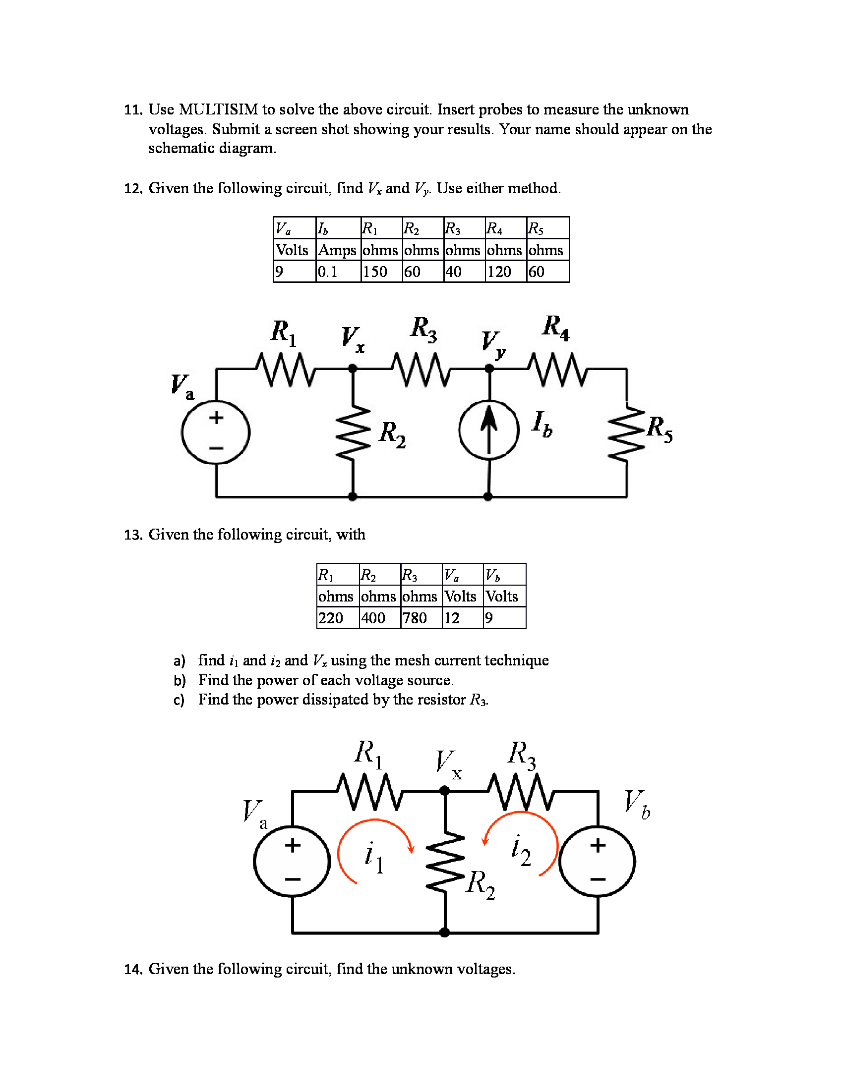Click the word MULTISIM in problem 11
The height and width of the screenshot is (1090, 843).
pos(218,109)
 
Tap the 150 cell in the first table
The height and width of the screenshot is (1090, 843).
pos(375,272)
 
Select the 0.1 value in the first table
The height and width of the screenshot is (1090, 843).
pos(328,272)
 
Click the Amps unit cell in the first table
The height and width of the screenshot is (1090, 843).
pos(338,250)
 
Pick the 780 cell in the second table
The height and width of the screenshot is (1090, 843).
pos(415,618)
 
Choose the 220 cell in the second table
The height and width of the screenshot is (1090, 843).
pos(331,618)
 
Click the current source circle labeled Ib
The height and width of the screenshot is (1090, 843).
pos(489,430)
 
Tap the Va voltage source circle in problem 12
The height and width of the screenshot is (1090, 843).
pos(216,432)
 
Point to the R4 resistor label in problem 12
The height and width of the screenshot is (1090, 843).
pos(556,327)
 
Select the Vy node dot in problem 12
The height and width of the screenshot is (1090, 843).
pos(489,368)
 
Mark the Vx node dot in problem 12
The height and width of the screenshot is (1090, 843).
pos(353,368)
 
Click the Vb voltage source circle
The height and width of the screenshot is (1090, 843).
pos(598,862)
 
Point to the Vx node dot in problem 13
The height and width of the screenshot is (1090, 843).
pos(444,791)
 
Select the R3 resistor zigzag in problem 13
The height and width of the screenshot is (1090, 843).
pos(520,791)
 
